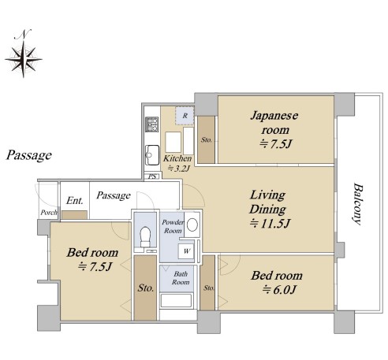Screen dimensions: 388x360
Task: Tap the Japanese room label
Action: click(274, 130)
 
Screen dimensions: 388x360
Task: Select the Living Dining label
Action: click(269, 210)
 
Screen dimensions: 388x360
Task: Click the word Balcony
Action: click(358, 204)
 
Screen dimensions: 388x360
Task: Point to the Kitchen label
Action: click(177, 163)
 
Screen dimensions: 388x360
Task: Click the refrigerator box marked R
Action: click(185, 116)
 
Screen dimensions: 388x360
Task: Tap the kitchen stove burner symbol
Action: click(152, 124)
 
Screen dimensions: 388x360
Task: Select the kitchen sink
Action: click(152, 155)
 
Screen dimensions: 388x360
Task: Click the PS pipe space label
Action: click(152, 176)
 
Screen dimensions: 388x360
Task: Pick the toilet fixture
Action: click(145, 236)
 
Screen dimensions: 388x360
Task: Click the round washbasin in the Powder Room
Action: click(192, 225)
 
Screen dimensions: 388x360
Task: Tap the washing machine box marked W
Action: click(186, 251)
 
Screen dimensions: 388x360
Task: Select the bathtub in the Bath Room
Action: click(176, 301)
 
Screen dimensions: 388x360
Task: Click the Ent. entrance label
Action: click(75, 201)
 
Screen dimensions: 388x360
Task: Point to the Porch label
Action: click(49, 212)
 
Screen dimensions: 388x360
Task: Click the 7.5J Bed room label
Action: click(92, 259)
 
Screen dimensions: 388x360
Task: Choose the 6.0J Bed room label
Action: click(277, 283)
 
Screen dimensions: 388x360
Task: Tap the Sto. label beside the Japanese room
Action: click(207, 140)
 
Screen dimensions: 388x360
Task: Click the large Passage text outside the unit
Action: click(29, 155)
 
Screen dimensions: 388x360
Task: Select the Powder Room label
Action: click(173, 227)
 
